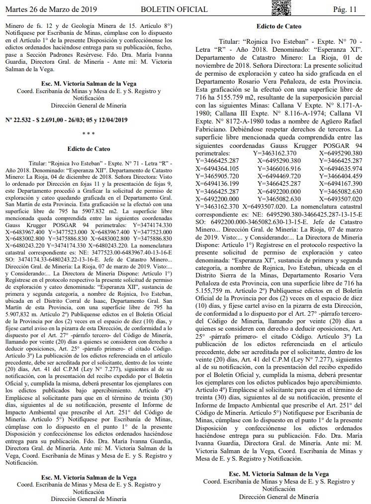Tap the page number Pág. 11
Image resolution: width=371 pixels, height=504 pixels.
click(345, 9)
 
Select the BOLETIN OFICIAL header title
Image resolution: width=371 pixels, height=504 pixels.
click(170, 9)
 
